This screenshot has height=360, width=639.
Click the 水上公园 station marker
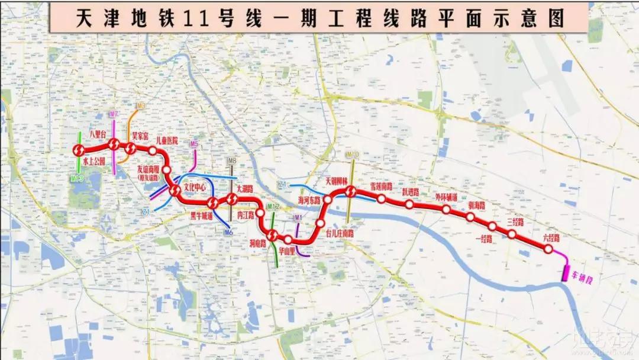79,150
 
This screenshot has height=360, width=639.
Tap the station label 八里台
96,135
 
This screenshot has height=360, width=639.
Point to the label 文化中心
195,187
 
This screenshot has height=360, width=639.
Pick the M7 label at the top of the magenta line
114,114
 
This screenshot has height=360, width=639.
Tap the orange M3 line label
140,106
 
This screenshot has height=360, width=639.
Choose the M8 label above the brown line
232,161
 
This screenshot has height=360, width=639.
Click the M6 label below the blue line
228,233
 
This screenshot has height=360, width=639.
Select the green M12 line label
273,206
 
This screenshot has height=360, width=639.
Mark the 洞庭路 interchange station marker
272,236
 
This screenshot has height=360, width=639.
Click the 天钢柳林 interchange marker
350,191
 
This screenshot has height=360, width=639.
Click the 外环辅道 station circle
446,209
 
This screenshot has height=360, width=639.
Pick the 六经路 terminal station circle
548,249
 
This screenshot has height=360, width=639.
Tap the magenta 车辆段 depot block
566,272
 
